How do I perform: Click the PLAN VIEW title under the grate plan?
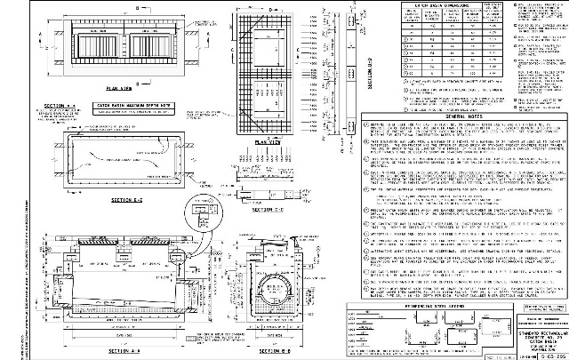119,89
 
